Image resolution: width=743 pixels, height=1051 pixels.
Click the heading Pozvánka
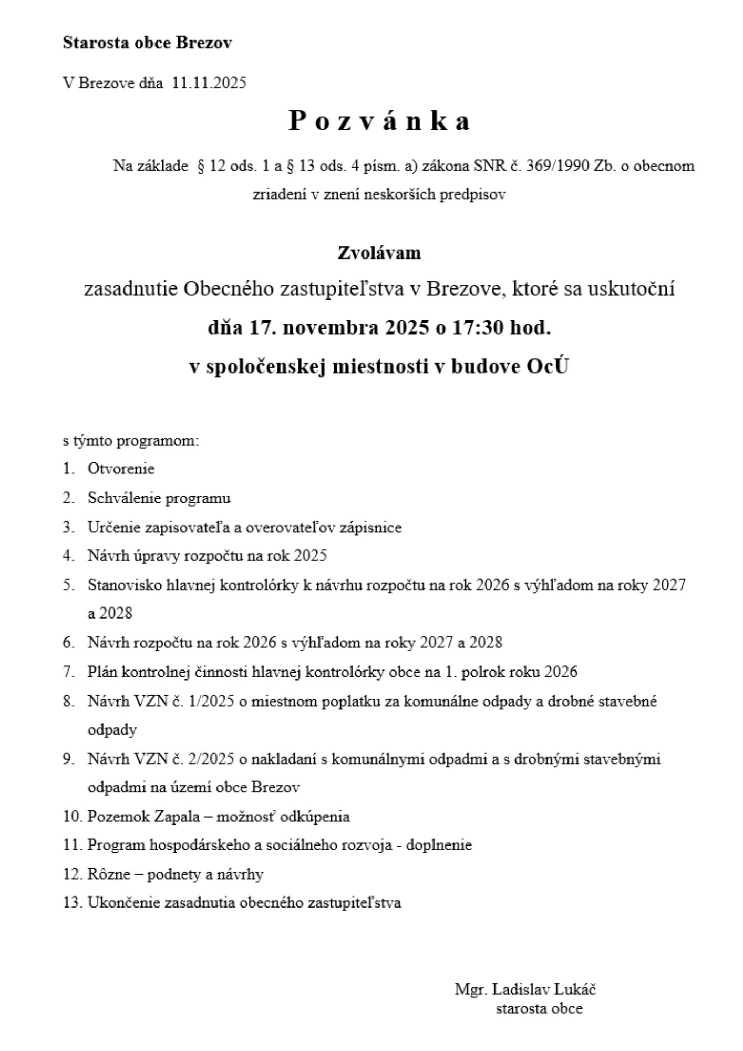pyautogui.click(x=379, y=122)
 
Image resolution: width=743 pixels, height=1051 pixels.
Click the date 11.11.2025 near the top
pyautogui.click(x=209, y=83)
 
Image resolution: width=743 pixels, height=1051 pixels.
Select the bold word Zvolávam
pyautogui.click(x=379, y=253)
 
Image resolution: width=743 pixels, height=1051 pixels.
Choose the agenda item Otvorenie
pyautogui.click(x=121, y=469)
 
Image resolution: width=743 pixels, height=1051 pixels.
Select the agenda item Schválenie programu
pyautogui.click(x=159, y=498)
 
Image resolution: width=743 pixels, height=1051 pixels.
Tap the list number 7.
pyautogui.click(x=68, y=672)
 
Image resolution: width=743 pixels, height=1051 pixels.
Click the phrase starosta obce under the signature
pyautogui.click(x=539, y=1008)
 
